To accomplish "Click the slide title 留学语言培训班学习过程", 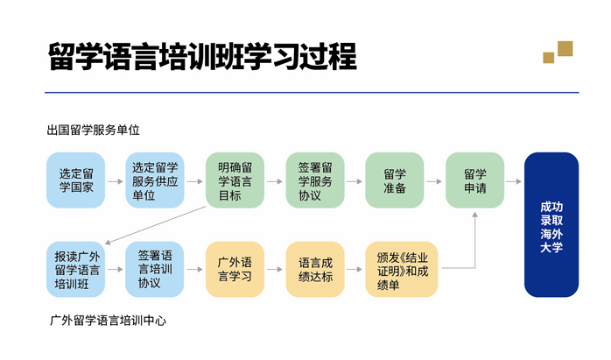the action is click(x=202, y=57).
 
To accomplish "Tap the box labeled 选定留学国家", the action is click(x=75, y=180).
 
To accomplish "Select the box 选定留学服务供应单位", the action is click(x=155, y=180).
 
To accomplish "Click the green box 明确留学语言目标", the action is click(x=235, y=180).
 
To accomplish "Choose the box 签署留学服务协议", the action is click(x=315, y=180).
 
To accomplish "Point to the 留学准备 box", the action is click(x=394, y=180).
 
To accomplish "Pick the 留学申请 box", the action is click(x=474, y=180).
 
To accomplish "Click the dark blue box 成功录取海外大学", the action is click(x=551, y=224).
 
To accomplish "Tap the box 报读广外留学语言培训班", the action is click(x=75, y=270).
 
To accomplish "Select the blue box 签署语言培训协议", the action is click(x=155, y=270).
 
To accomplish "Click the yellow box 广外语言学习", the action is click(x=235, y=270).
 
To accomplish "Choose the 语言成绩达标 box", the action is click(x=315, y=270).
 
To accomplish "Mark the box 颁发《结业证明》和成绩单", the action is click(x=402, y=270).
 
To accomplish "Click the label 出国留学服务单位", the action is click(x=93, y=130).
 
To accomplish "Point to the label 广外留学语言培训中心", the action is click(x=108, y=321).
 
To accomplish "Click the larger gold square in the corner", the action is click(x=565, y=49).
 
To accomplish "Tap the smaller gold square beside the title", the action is click(x=549, y=58).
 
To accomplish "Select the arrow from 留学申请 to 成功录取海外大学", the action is click(x=514, y=181).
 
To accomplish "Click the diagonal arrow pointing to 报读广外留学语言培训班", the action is click(x=156, y=225).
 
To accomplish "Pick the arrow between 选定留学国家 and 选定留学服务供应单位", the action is click(x=116, y=181).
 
